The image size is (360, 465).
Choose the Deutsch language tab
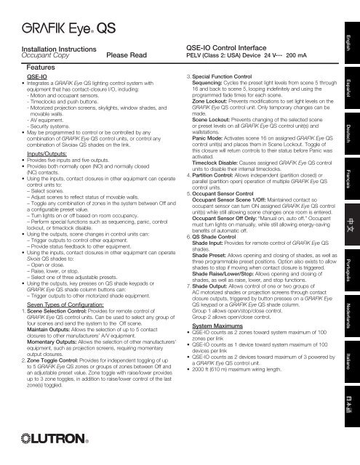point(351,133)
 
